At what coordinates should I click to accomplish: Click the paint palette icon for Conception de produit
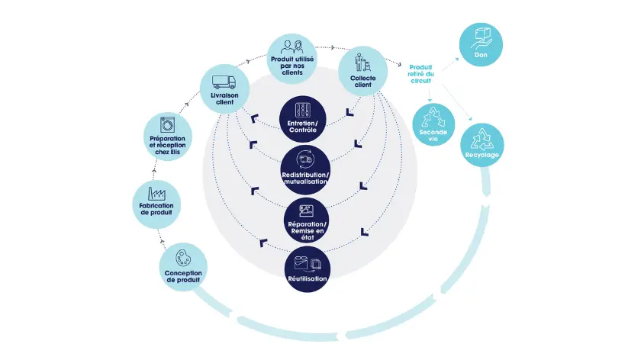point(183,257)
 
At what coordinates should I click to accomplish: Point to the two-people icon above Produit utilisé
point(294,46)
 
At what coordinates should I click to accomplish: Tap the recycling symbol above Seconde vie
point(433,116)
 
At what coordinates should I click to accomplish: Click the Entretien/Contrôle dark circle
point(304,118)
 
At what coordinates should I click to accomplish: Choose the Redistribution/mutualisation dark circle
point(304,169)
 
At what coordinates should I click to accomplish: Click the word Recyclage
point(482,156)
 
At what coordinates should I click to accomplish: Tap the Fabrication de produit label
point(156,209)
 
